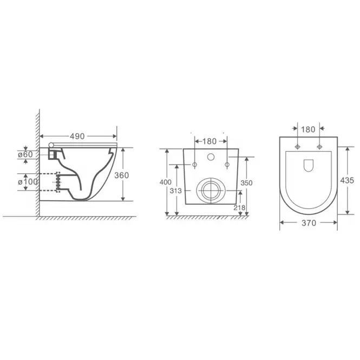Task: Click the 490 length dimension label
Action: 77,136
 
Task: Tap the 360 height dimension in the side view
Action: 121,175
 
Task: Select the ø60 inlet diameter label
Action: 25,154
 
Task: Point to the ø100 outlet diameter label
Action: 28,182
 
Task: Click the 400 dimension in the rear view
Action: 165,182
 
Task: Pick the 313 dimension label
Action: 175,191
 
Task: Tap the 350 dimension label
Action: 246,183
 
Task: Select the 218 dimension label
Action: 239,207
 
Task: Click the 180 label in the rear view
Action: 210,141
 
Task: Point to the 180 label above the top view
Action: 308,130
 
